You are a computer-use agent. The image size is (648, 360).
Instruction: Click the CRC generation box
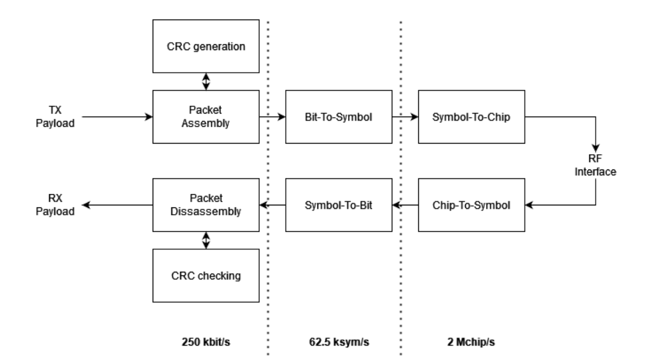[x=206, y=46]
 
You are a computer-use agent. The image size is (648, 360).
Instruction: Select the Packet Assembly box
[x=206, y=117]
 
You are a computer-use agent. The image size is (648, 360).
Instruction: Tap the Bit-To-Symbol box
[x=339, y=117]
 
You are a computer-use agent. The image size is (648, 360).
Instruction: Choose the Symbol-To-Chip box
[x=471, y=117]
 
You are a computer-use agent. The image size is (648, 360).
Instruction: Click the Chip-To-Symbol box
[x=471, y=205]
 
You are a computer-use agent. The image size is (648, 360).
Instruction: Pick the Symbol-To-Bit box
[x=339, y=205]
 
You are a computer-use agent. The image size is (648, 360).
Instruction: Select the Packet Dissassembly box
[x=206, y=205]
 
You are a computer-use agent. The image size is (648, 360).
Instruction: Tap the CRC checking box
[x=206, y=276]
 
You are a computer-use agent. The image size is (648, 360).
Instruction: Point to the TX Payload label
[x=55, y=117]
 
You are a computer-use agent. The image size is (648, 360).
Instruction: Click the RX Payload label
[x=55, y=205]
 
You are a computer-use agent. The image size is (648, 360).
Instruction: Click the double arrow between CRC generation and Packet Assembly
[x=206, y=81]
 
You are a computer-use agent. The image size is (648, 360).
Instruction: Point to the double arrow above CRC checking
[x=206, y=240]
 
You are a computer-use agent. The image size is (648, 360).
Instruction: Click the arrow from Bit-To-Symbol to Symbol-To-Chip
[x=405, y=117]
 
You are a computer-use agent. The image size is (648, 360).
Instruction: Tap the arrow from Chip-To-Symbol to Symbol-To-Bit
[x=405, y=205]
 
